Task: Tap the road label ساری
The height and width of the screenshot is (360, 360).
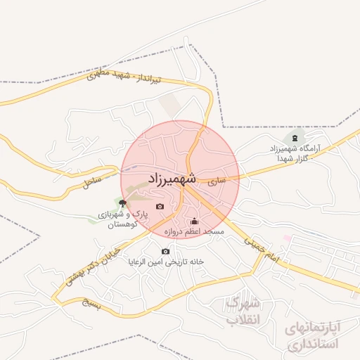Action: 218,181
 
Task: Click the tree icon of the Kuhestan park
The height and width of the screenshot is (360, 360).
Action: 122,202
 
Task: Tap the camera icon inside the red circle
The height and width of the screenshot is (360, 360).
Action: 160,206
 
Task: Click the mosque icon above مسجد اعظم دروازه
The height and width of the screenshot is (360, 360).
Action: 195,221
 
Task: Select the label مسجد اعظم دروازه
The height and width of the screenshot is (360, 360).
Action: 193,231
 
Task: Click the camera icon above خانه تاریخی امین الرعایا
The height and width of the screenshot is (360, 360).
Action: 166,251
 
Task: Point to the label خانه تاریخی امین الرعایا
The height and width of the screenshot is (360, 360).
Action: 165,262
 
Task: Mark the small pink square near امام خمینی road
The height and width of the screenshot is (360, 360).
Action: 286,238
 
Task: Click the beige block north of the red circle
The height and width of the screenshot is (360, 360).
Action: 169,105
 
